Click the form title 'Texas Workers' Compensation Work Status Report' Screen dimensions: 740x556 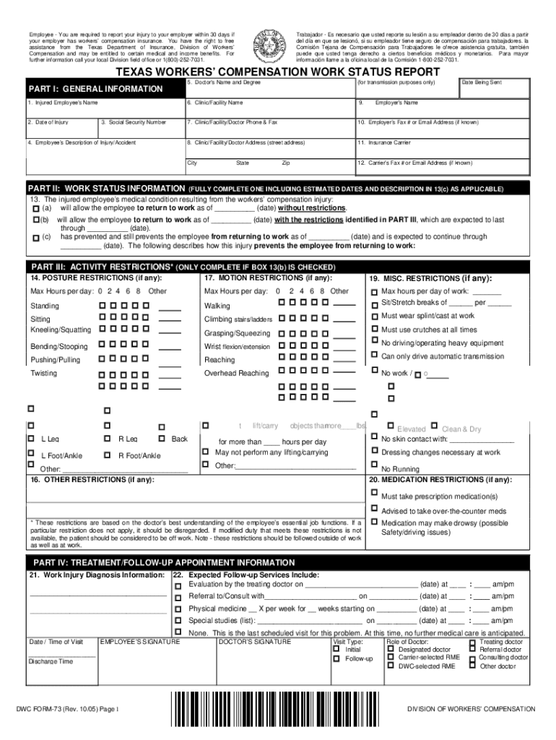coord(278,73)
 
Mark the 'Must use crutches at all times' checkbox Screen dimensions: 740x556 coord(373,328)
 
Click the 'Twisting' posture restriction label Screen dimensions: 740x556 coord(43,374)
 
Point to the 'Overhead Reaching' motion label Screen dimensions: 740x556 coord(236,374)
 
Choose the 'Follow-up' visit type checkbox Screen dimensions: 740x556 coord(336,658)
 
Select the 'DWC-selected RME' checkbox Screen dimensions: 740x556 coord(391,666)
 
